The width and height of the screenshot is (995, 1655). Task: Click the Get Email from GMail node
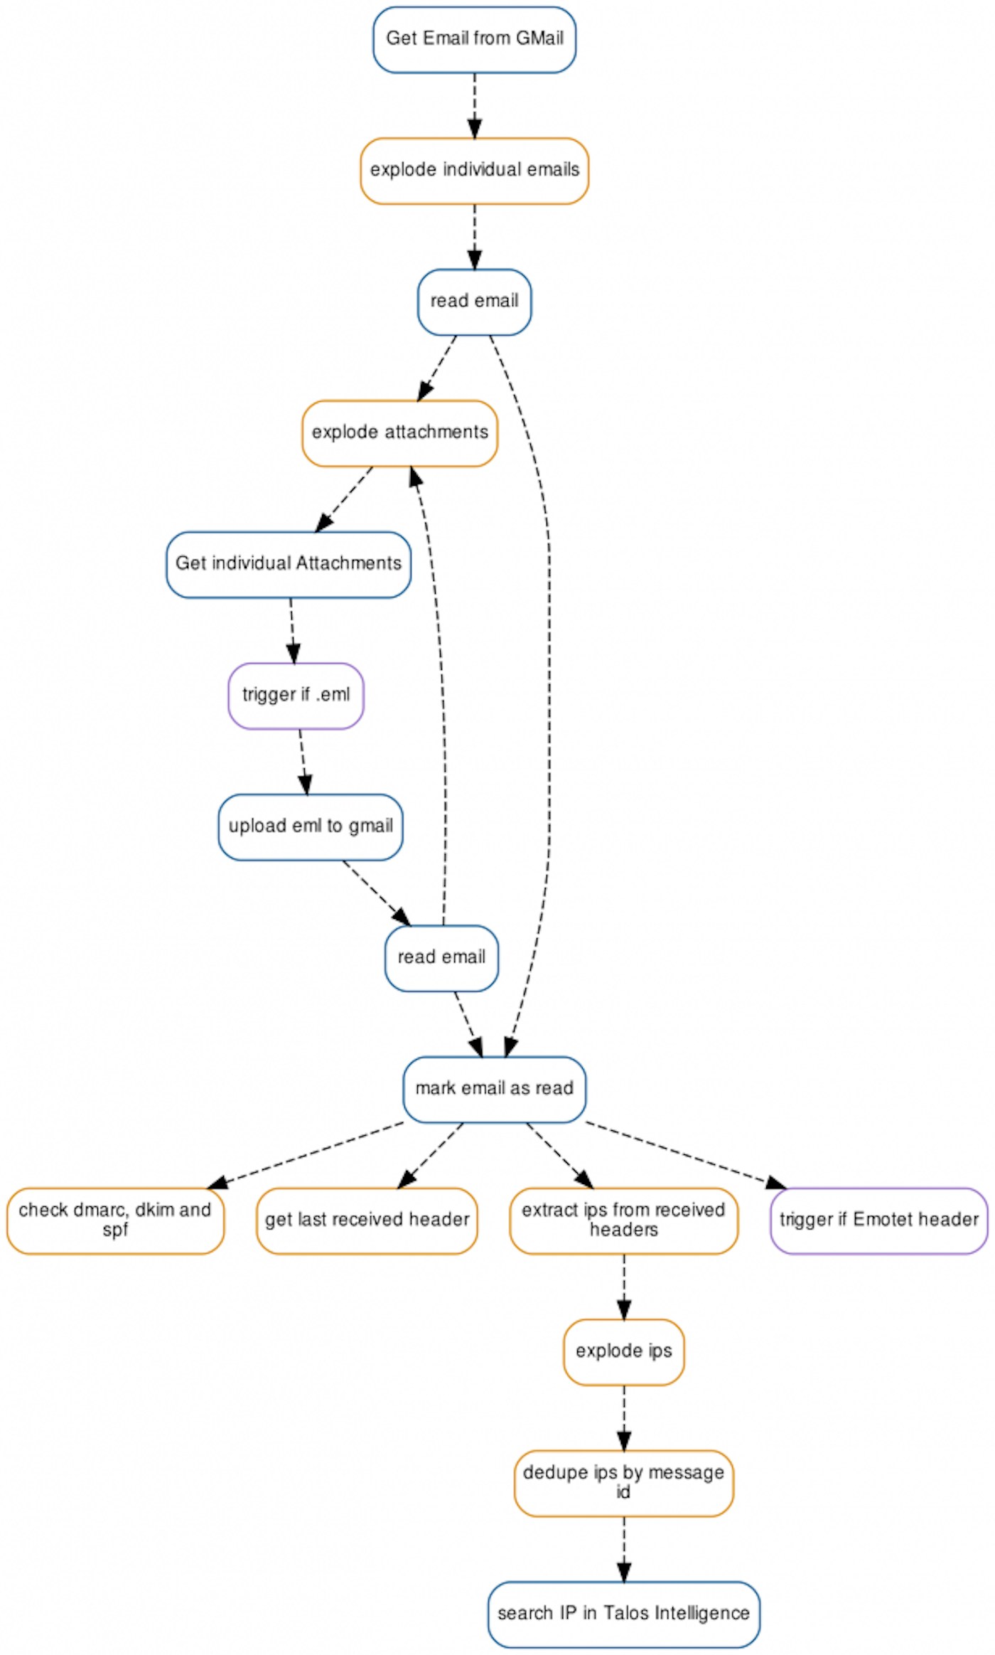[x=474, y=39]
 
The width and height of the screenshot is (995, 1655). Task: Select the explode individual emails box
[x=474, y=171]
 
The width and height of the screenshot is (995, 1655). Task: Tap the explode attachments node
[x=399, y=433]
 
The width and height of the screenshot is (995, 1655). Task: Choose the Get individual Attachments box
[x=288, y=564]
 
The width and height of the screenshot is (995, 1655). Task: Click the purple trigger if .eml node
[x=296, y=696]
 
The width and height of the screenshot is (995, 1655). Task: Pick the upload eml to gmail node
[x=310, y=826]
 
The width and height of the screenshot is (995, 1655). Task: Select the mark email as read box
[x=494, y=1089]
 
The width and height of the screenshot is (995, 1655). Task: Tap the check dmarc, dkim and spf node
[x=115, y=1220]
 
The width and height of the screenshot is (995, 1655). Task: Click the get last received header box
[x=367, y=1220]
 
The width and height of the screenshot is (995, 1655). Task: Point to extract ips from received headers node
[x=623, y=1220]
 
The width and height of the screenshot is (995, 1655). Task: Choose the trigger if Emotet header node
[x=878, y=1220]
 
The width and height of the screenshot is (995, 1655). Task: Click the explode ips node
[x=623, y=1351]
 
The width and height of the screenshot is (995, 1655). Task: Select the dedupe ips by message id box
[x=623, y=1483]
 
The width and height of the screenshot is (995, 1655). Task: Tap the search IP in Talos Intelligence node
[x=623, y=1614]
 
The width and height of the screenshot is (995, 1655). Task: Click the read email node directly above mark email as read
[x=441, y=958]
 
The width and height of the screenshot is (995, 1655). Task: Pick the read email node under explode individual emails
[x=474, y=302]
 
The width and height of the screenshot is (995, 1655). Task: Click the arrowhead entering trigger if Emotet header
[x=776, y=1183]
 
